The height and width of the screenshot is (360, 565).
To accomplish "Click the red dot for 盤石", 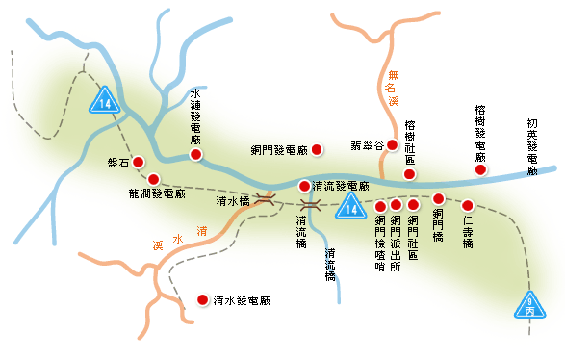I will pyautogui.click(x=138, y=162).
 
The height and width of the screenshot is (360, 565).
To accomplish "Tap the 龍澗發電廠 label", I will pyautogui.click(x=157, y=193).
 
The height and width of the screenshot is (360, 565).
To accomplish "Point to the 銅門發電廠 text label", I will pyautogui.click(x=276, y=150).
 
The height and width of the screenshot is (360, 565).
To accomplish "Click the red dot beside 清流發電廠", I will pyautogui.click(x=304, y=186).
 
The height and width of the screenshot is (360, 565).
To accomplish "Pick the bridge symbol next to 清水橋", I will pyautogui.click(x=267, y=200).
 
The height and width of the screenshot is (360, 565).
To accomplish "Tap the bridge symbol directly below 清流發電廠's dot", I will pyautogui.click(x=310, y=205).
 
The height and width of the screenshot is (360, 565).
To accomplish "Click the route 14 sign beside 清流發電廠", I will pyautogui.click(x=351, y=206).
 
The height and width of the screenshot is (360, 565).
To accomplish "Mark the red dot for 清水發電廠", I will pyautogui.click(x=202, y=300).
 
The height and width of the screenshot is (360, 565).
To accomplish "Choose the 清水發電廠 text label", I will pyautogui.click(x=242, y=301).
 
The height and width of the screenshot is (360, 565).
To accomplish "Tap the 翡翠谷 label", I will pyautogui.click(x=366, y=146).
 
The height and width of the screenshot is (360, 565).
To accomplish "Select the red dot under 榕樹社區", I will pyautogui.click(x=410, y=172).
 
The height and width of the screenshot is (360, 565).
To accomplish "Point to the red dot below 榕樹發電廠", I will pyautogui.click(x=479, y=170).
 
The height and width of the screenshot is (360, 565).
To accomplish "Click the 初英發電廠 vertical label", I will pyautogui.click(x=532, y=146).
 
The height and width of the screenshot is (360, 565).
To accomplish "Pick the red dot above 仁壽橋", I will pyautogui.click(x=468, y=205).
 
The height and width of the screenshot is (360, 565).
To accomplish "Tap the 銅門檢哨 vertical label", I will pyautogui.click(x=379, y=244).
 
